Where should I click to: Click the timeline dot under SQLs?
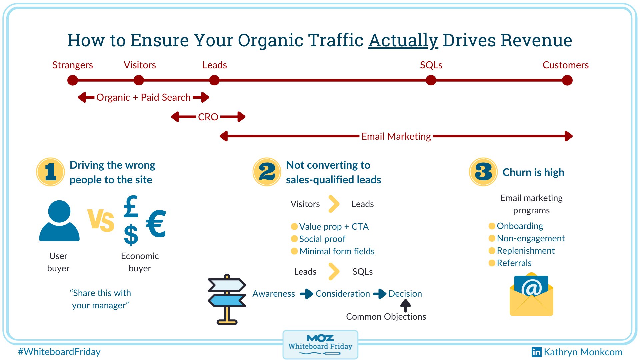click(x=431, y=80)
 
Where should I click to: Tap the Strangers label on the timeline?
click(x=73, y=65)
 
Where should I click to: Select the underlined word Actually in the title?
click(x=403, y=41)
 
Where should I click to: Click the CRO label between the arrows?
click(x=208, y=117)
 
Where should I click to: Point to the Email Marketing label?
click(x=396, y=136)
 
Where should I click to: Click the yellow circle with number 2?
click(x=267, y=172)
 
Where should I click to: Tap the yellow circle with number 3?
click(x=483, y=172)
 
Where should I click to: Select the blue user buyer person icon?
click(x=59, y=221)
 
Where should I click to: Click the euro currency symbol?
click(x=156, y=223)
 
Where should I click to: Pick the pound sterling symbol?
click(x=131, y=207)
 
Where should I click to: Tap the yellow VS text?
click(x=101, y=220)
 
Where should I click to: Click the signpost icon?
click(x=227, y=299)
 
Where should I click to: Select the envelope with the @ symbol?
click(x=531, y=295)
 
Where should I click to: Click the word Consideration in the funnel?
click(x=342, y=294)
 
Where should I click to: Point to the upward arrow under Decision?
click(x=405, y=305)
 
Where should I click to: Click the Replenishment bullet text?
click(x=525, y=251)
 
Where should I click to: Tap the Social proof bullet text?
click(x=322, y=239)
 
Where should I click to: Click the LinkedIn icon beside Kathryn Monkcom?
click(x=536, y=352)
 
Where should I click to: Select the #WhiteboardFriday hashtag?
click(x=59, y=352)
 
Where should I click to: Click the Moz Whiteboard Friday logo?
click(x=320, y=344)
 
